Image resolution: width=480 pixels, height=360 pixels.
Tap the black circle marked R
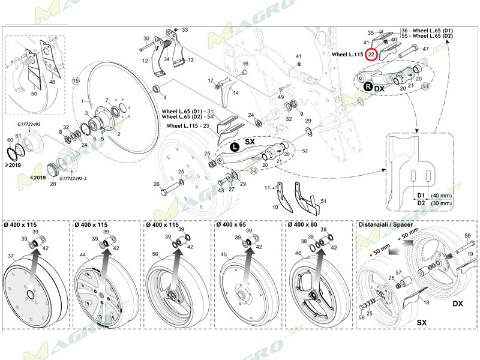point(365,88)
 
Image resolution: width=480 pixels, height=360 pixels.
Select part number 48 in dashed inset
point(52,82)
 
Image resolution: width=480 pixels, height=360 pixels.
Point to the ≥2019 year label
point(14,163)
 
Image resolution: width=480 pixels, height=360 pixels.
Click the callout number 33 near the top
point(185,29)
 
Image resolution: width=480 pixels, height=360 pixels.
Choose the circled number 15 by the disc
point(76,80)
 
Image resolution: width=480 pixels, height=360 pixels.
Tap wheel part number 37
point(10,256)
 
